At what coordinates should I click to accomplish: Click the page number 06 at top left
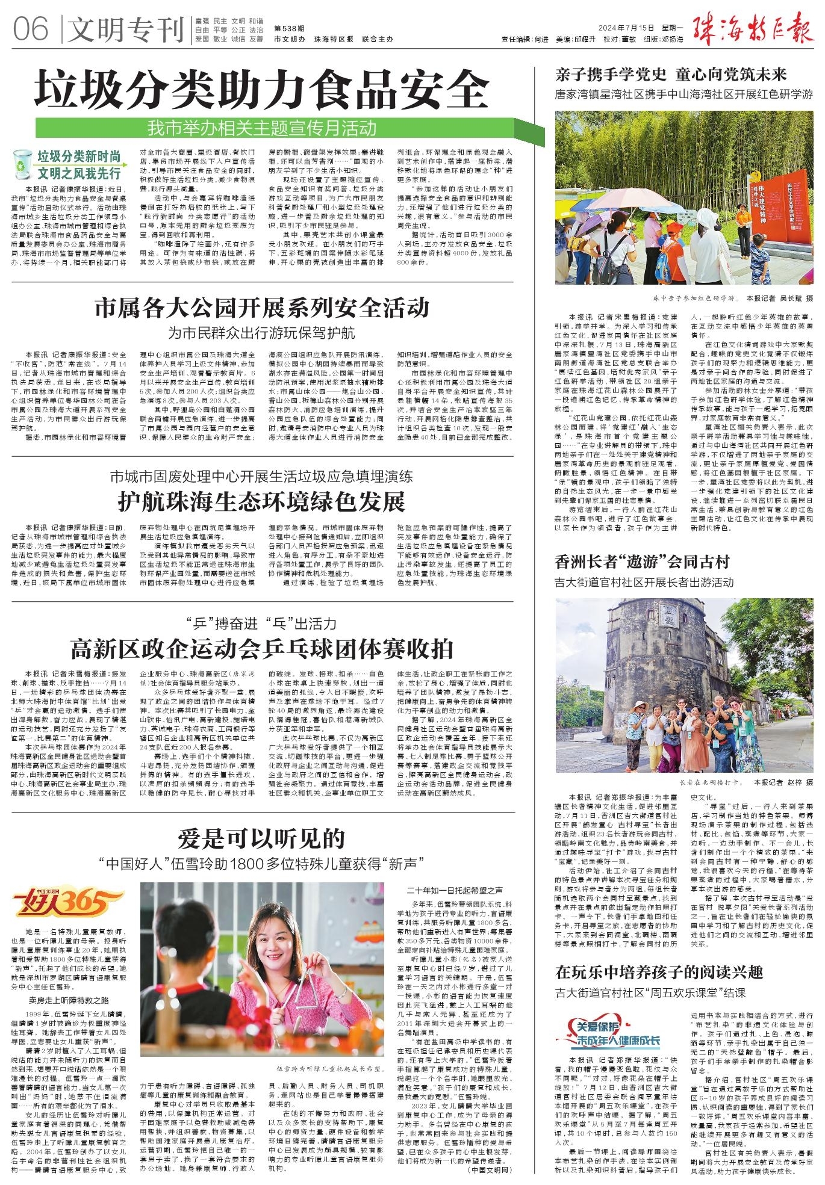[30, 29]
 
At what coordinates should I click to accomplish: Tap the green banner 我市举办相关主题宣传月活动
[263, 128]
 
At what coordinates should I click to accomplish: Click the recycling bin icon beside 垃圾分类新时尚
[22, 164]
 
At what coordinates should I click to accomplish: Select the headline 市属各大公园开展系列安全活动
[262, 308]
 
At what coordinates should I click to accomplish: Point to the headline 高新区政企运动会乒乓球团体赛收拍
[262, 649]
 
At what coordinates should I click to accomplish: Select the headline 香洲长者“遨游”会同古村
[642, 562]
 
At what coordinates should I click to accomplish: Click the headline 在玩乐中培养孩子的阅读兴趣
[659, 972]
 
